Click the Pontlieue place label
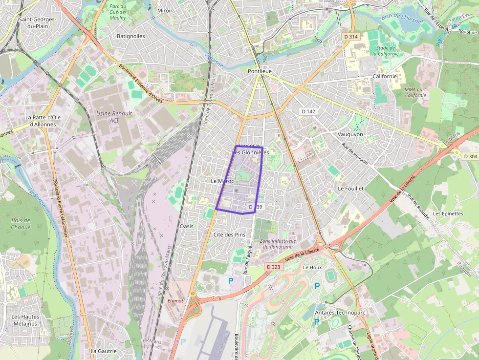[259, 71]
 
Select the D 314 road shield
[350, 37]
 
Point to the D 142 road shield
[308, 111]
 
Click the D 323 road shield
[274, 267]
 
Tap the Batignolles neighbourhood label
[131, 36]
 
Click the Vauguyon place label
[350, 134]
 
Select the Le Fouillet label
[350, 188]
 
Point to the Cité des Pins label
[229, 234]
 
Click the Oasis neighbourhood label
[186, 226]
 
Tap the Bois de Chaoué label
[21, 224]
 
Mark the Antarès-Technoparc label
[340, 312]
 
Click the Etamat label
[175, 300]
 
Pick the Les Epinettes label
[448, 213]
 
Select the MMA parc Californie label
[415, 92]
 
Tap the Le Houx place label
[312, 267]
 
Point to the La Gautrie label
[104, 351]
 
